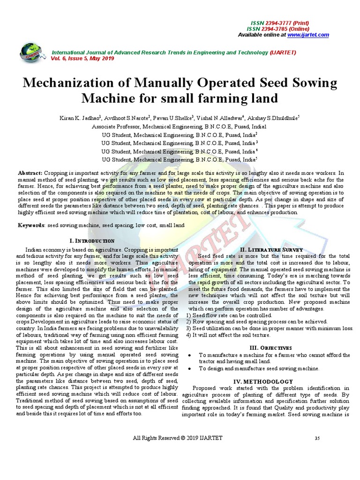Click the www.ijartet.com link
coord(308,35)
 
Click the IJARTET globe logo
coord(31,52)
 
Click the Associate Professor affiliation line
coord(179,127)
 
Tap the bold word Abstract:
coord(30,173)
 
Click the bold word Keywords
coord(31,225)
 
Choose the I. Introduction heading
coord(91,240)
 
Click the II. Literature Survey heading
coord(271,249)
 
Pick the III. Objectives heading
coord(271,348)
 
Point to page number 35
coord(317,438)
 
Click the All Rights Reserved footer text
coord(178,438)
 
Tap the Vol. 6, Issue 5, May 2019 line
coord(82,58)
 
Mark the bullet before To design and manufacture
coord(188,369)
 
